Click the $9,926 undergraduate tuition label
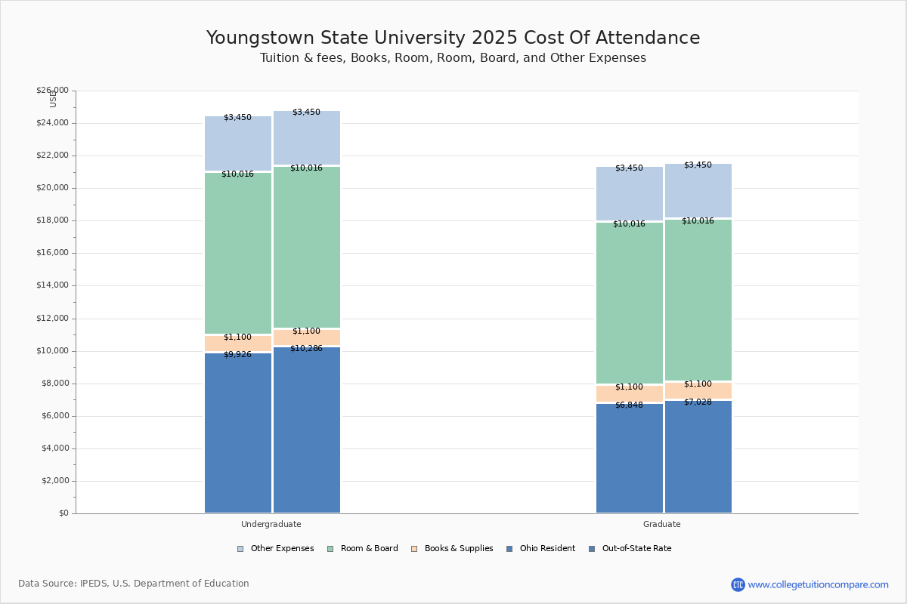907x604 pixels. click(x=237, y=355)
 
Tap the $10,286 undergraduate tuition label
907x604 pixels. click(x=306, y=349)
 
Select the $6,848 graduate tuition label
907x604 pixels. click(x=629, y=405)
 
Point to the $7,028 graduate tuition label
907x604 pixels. click(x=698, y=402)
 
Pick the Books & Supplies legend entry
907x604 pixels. click(x=452, y=549)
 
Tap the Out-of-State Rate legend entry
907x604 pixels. click(x=630, y=549)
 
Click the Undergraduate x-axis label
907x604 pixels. click(x=271, y=524)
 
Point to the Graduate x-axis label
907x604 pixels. click(x=662, y=524)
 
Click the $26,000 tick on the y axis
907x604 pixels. click(x=52, y=91)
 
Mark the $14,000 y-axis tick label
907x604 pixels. click(x=52, y=285)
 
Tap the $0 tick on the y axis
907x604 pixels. click(x=62, y=513)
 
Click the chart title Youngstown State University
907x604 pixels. click(x=453, y=39)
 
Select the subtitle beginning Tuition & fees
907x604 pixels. click(x=453, y=58)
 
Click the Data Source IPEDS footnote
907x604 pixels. click(x=134, y=584)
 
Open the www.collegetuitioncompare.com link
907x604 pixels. click(x=818, y=584)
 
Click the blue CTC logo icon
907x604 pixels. click(x=738, y=584)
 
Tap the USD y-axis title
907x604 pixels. click(x=53, y=99)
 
